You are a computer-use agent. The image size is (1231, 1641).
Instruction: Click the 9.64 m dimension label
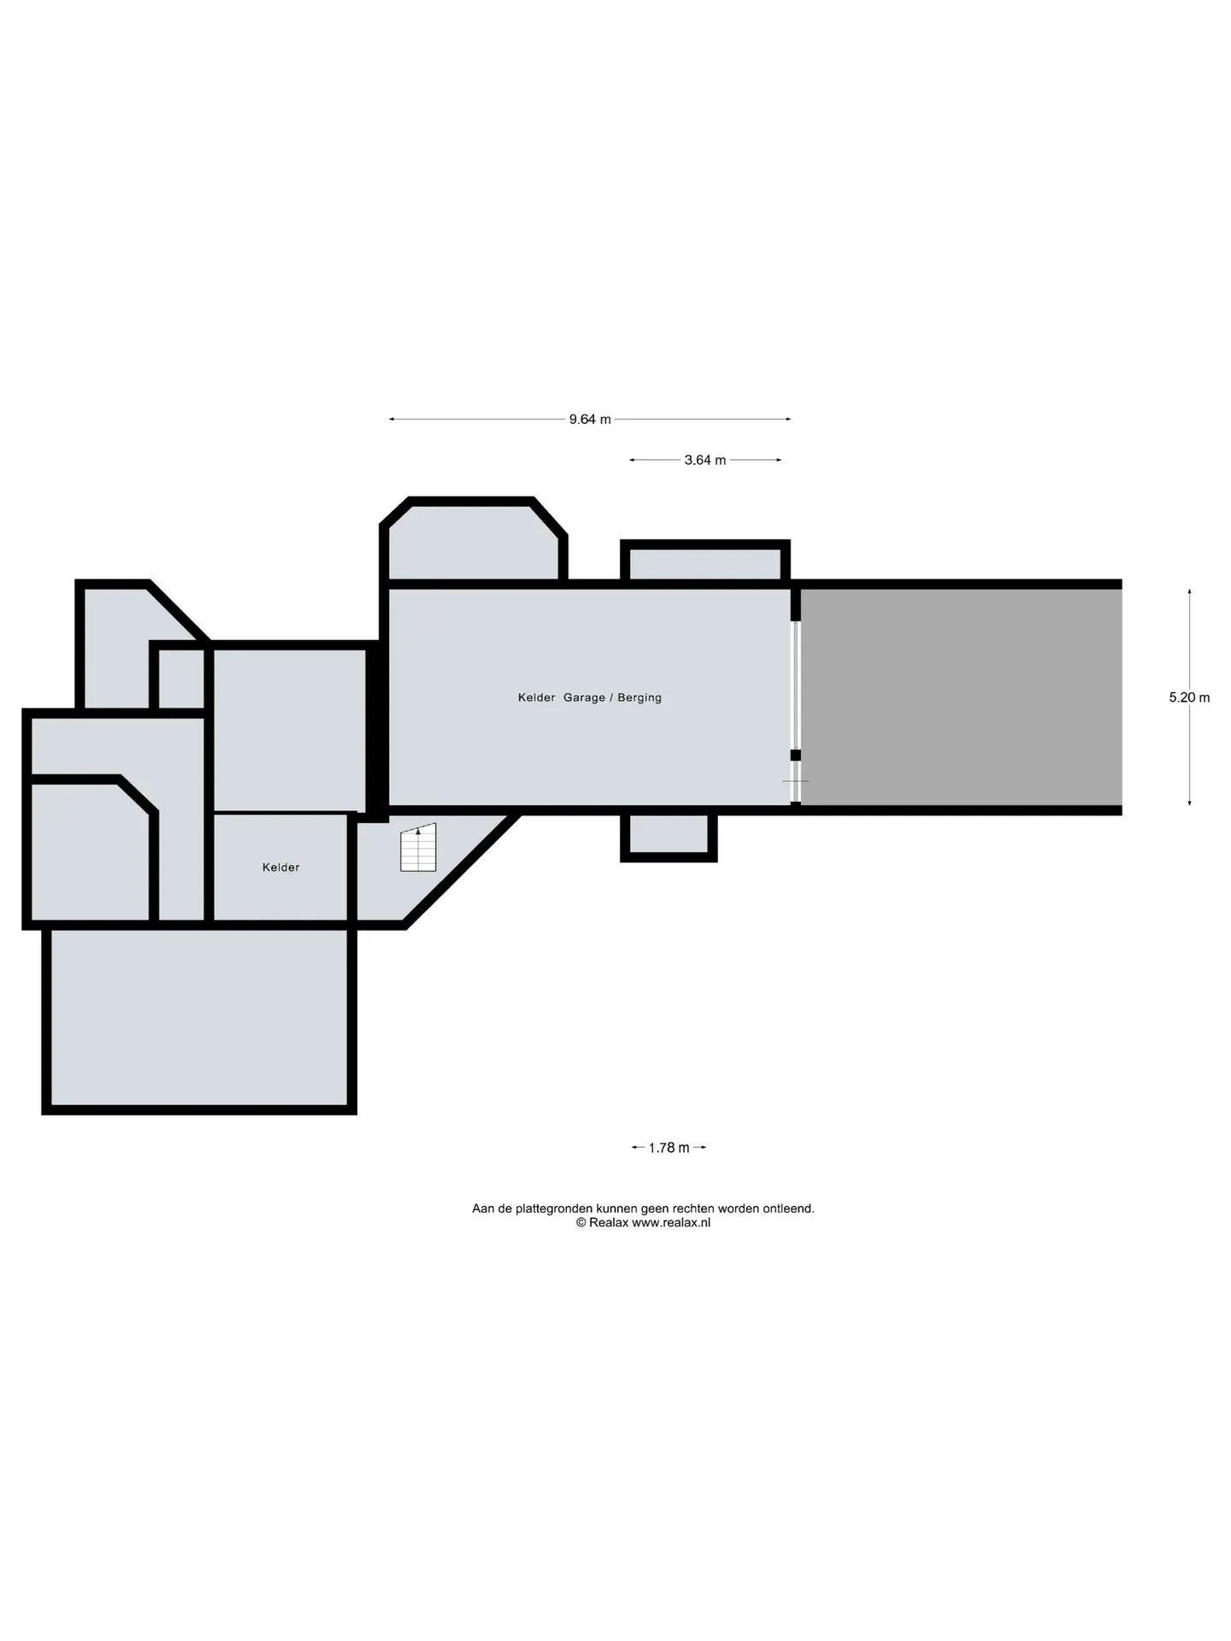pos(590,420)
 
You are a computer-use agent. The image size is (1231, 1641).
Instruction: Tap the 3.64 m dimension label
pos(705,461)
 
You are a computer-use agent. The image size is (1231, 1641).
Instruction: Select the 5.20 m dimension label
pos(1189,697)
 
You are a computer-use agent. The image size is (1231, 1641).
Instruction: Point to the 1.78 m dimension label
pos(669,1148)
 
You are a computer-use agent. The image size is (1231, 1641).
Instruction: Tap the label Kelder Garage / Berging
pos(590,697)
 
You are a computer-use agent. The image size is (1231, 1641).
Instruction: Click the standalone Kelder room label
pos(280,868)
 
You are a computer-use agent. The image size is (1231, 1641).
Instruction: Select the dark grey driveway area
pos(961,697)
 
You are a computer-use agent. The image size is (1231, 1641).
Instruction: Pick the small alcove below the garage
pos(669,834)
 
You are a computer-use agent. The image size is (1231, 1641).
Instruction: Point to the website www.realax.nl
pos(671,1222)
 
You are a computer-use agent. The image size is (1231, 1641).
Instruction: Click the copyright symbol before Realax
pos(580,1223)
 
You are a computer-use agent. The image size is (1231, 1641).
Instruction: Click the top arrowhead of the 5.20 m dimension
pos(1189,591)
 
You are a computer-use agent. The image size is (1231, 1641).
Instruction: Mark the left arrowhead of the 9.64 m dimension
pos(392,420)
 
